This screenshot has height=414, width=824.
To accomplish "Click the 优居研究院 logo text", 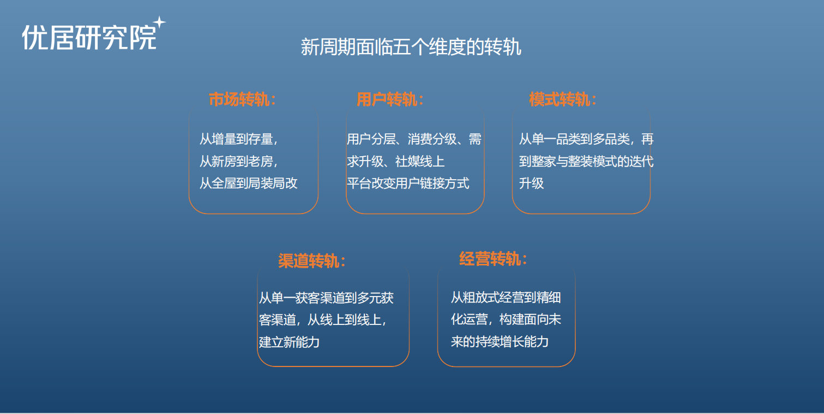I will point(88,38).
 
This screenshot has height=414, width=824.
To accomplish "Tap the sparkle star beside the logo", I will point(159,23).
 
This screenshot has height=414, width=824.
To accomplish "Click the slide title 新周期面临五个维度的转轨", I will point(411,47).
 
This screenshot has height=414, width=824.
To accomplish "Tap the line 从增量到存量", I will point(239,139).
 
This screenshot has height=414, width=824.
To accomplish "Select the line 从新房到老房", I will point(239,162).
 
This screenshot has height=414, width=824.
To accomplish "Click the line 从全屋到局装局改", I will point(249,184).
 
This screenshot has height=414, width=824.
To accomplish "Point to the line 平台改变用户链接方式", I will point(408,184).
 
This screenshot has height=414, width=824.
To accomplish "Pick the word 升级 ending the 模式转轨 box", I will point(532,184).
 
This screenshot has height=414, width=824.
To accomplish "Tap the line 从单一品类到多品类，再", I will point(586,139).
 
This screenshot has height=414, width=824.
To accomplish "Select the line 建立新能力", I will point(289,342).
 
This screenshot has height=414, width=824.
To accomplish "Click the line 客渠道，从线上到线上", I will point(323,321).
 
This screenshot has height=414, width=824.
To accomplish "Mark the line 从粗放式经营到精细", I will point(506,298).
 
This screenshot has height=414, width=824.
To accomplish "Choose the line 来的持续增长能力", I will point(500,342).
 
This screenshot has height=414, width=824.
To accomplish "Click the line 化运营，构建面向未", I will point(506,321).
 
